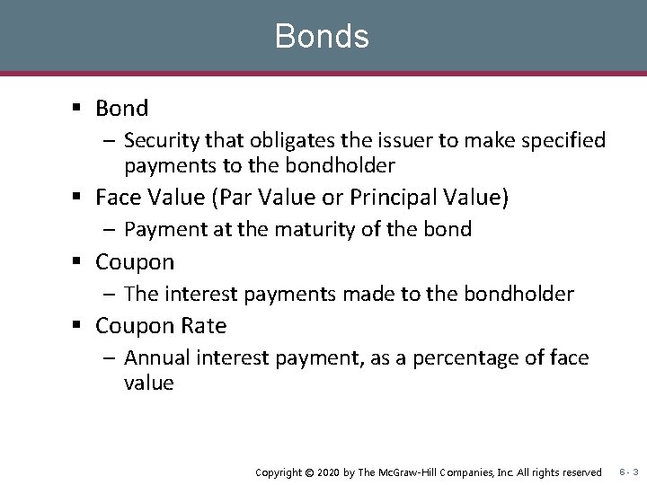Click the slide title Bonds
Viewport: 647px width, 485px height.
coord(322,37)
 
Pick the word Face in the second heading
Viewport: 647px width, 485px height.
coord(117,198)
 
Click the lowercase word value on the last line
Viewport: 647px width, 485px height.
coord(148,384)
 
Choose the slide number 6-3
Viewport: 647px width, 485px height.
coord(628,472)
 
